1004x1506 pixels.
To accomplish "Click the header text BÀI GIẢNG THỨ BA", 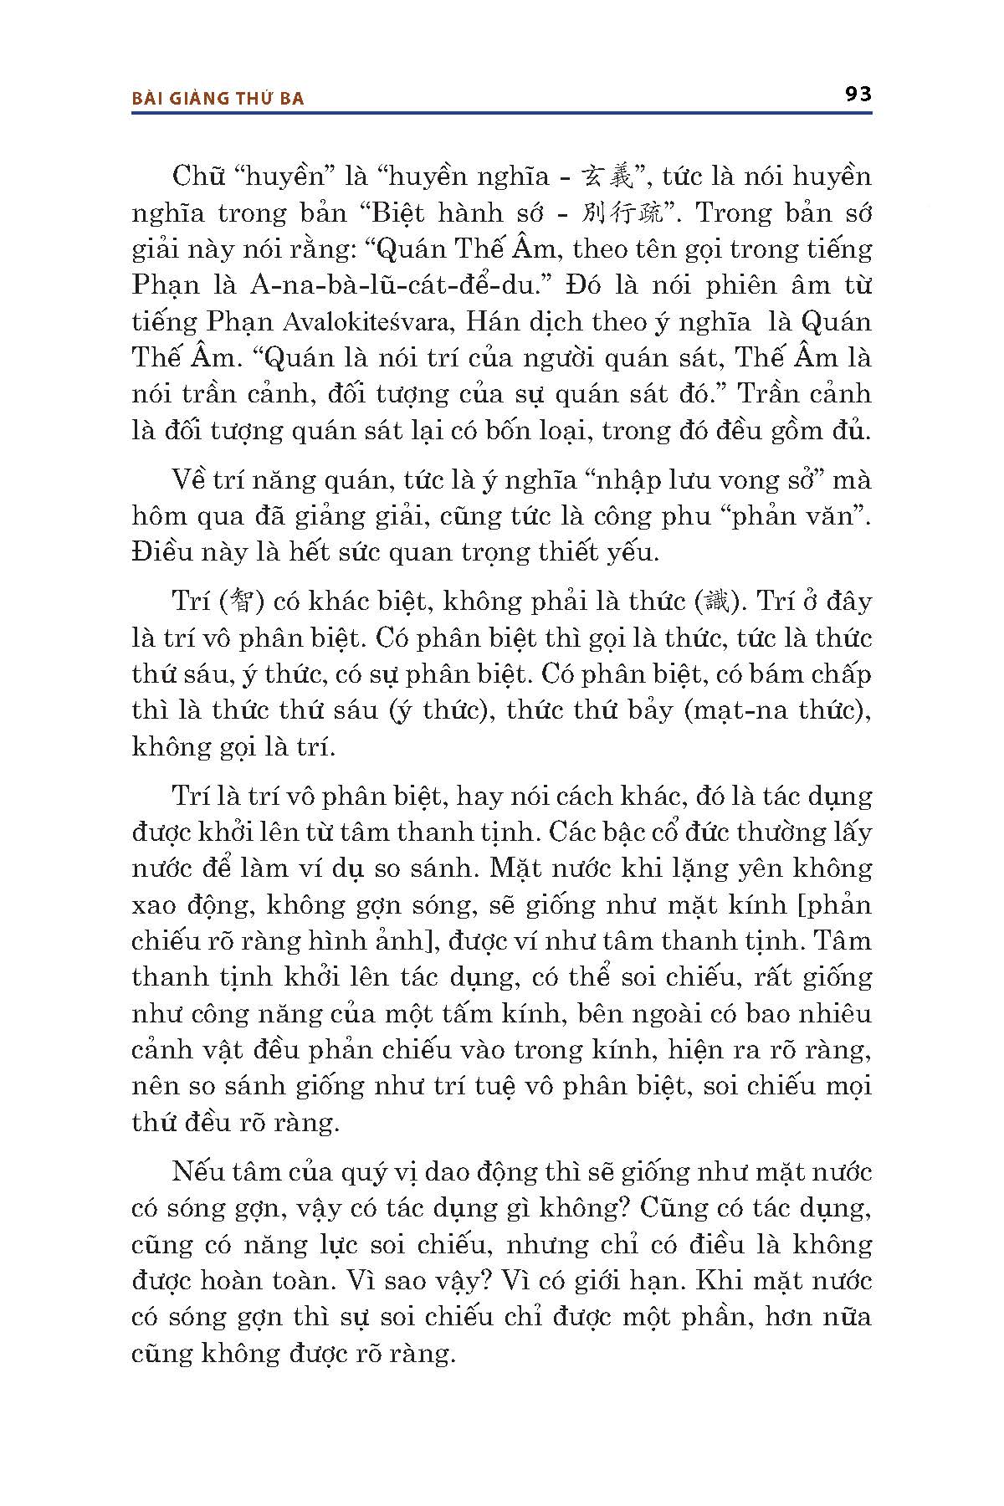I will [218, 98].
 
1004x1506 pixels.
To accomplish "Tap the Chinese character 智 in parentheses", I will [239, 602].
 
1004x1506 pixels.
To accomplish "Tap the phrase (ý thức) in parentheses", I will [438, 710].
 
